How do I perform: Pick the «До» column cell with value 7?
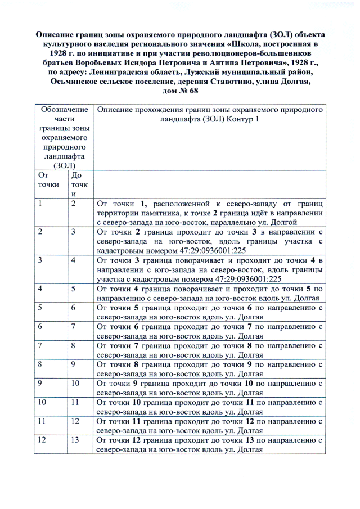pos(74,326)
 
